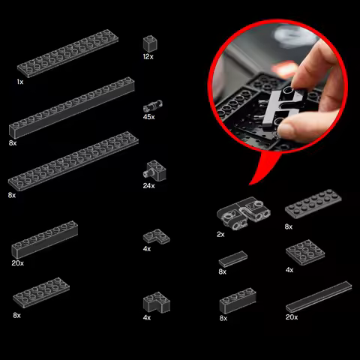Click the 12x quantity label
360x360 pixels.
(148, 57)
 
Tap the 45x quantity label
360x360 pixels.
(149, 117)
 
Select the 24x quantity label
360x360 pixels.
(149, 186)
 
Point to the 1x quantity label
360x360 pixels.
(20, 82)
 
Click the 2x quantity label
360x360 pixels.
(220, 235)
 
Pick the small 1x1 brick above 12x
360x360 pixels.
(150, 43)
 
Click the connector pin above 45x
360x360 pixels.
(153, 106)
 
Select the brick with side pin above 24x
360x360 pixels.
(155, 170)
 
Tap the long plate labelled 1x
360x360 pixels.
(67, 53)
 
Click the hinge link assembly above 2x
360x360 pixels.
(244, 213)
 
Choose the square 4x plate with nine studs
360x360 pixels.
(305, 252)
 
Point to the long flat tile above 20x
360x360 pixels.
(319, 297)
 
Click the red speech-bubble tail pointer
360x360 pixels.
(264, 167)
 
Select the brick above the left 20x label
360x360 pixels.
(45, 239)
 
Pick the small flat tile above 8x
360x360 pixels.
(233, 259)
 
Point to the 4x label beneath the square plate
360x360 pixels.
(289, 270)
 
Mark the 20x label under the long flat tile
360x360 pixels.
(292, 317)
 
